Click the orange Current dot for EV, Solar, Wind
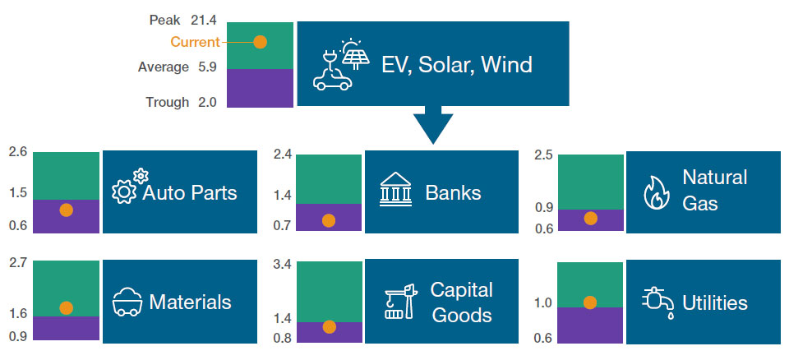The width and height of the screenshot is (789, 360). click(x=260, y=42)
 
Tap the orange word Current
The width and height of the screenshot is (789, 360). click(x=195, y=42)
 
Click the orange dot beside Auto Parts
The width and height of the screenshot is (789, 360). click(x=67, y=210)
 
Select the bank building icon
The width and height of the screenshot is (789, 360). click(x=396, y=192)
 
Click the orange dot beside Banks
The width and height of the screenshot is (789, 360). click(x=329, y=220)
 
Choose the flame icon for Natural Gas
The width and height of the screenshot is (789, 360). click(x=655, y=192)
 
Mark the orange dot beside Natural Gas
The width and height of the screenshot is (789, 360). click(x=590, y=218)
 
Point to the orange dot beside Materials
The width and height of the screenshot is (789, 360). click(x=67, y=308)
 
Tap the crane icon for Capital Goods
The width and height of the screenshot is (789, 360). click(x=397, y=302)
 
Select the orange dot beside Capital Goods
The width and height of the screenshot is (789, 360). click(x=330, y=326)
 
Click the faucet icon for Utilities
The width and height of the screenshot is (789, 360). click(x=657, y=302)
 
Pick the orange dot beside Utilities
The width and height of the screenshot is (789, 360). click(x=589, y=302)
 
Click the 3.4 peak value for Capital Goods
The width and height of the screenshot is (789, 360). click(x=281, y=264)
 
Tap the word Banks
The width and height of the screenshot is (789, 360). click(x=453, y=193)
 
